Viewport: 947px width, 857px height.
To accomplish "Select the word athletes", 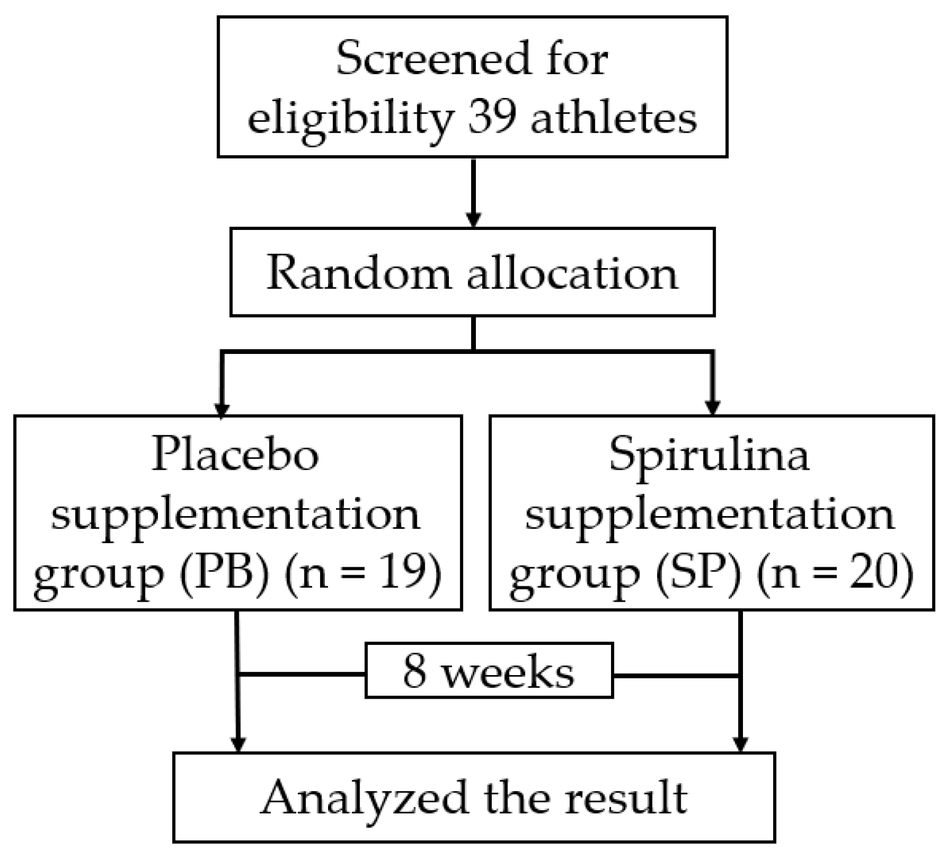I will click(x=613, y=117).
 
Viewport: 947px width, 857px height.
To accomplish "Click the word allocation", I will click(x=572, y=273).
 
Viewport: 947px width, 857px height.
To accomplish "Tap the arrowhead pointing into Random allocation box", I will click(x=473, y=219).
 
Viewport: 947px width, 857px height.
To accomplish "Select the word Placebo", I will click(x=236, y=454).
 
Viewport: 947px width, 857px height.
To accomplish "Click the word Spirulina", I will click(x=709, y=454).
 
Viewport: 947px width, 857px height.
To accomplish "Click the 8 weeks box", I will click(x=489, y=671).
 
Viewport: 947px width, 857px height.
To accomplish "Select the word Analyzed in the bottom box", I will click(x=364, y=798).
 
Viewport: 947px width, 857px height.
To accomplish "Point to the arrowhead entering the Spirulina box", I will click(x=713, y=408).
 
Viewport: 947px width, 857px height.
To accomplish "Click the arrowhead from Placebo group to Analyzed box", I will click(x=237, y=744).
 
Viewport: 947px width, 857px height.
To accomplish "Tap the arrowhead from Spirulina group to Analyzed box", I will click(x=740, y=744).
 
